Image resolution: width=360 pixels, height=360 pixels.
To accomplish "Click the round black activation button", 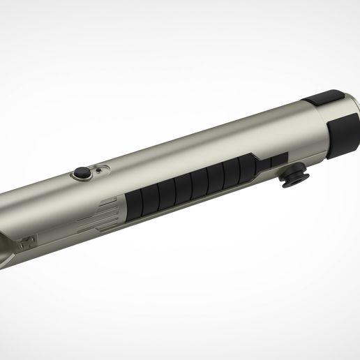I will [x=82, y=172].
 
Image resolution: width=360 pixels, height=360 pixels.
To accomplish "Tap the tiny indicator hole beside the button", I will [x=100, y=170].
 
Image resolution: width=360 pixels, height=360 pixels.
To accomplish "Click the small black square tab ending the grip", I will [x=280, y=160].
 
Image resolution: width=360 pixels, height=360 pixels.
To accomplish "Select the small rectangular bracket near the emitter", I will [x=29, y=243].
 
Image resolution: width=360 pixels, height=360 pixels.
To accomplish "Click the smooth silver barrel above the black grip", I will [x=195, y=150].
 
